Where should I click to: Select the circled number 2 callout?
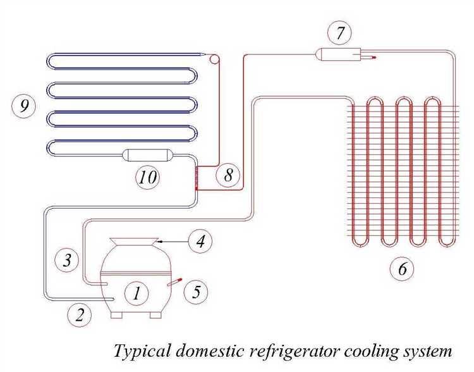click(80, 314)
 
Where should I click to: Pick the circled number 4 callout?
click(200, 241)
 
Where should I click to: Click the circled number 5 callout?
click(196, 292)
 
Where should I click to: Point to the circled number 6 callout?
click(402, 270)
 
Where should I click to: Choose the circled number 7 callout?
click(340, 34)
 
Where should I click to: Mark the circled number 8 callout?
click(228, 175)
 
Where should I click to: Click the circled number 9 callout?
click(24, 106)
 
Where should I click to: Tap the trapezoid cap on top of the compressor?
click(134, 242)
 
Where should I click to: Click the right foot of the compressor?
click(155, 314)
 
